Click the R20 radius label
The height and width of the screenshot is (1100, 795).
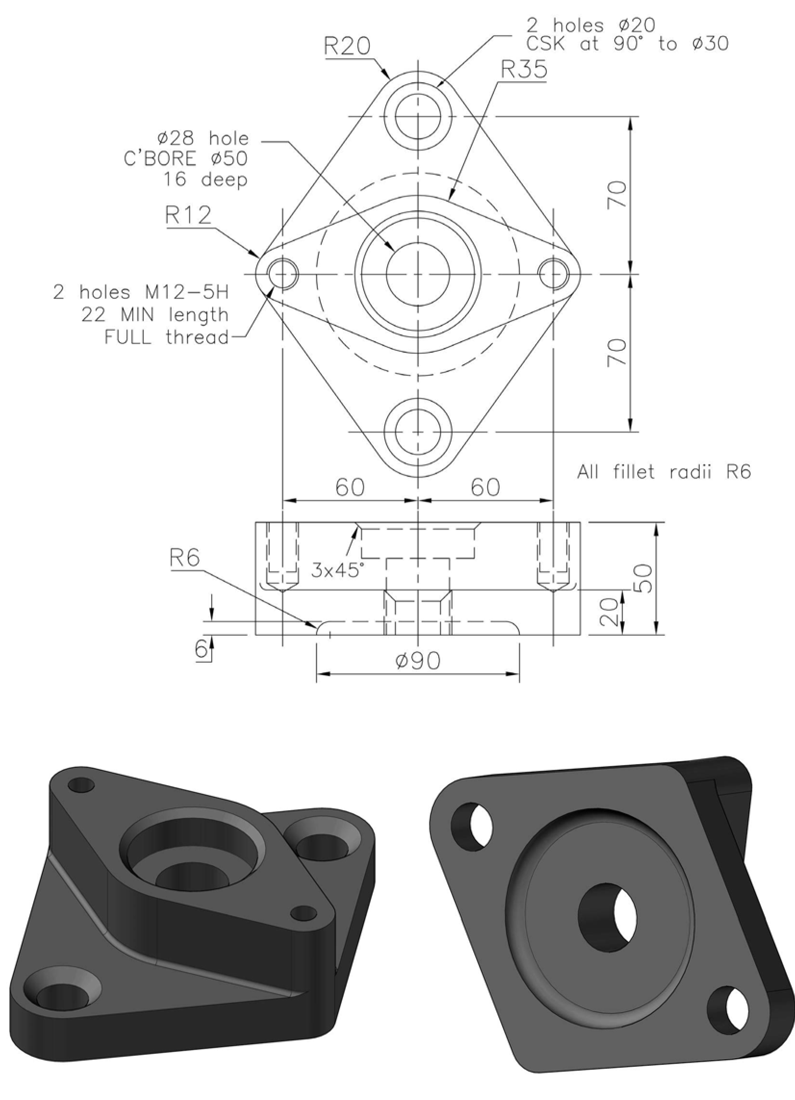pos(347,47)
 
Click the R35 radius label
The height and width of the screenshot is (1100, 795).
pos(524,70)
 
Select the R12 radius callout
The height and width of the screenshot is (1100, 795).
pos(189,215)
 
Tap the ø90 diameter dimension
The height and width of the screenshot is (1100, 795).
pos(418,661)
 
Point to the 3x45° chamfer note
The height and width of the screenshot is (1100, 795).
pos(337,570)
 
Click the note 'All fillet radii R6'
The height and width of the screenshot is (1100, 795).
pos(664,471)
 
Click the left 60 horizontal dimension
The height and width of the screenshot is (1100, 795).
pos(350,487)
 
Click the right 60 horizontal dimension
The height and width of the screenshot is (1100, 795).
pos(485,487)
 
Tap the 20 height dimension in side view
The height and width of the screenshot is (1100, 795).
pos(610,612)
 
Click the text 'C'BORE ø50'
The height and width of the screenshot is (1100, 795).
pos(186,159)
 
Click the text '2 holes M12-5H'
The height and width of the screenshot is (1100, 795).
pos(141,293)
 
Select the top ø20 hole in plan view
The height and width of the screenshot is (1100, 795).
pos(418,116)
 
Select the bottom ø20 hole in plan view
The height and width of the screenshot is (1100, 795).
pos(418,431)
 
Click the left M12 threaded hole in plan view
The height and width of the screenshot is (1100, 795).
pos(282,274)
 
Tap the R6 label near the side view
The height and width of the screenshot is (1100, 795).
pos(184,559)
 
